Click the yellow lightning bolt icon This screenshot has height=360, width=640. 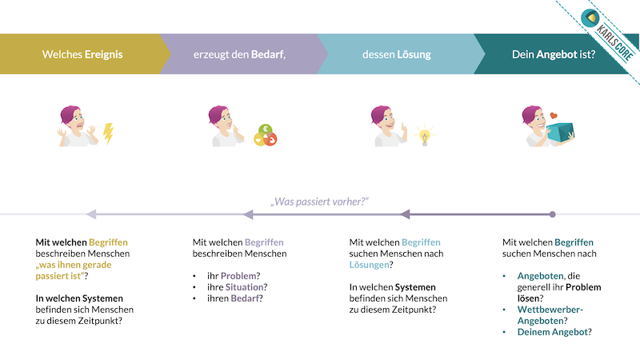tap(108, 134)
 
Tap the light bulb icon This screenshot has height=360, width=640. tap(425, 135)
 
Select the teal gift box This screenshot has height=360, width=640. tap(561, 131)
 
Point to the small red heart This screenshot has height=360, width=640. tap(554, 115)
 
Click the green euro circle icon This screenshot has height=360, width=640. tap(266, 130)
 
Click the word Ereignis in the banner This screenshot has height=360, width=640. tap(103, 54)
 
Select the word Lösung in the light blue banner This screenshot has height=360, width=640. tap(414, 54)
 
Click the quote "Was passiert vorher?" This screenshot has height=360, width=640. tap(319, 202)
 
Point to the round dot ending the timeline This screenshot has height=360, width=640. tap(552, 214)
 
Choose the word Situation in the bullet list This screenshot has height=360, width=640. tap(245, 287)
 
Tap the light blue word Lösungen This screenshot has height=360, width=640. tap(369, 265)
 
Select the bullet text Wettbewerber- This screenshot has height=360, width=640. tap(550, 310)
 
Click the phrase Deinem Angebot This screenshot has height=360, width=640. tap(553, 332)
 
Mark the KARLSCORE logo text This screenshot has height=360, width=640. tap(614, 42)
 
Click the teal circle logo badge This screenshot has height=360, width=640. tap(590, 18)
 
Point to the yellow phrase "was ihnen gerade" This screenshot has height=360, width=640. tap(74, 265)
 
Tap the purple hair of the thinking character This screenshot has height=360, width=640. tap(218, 114)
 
